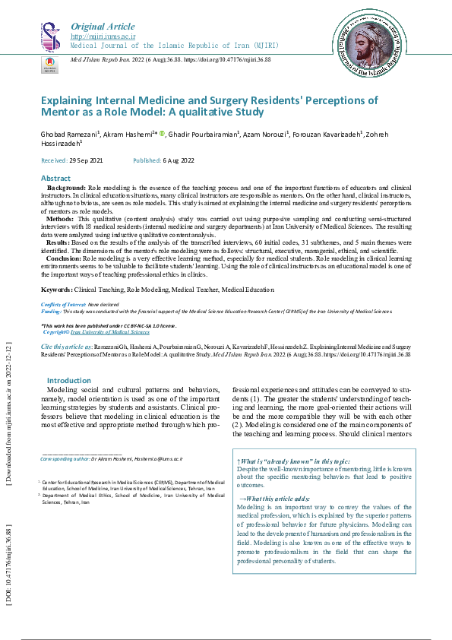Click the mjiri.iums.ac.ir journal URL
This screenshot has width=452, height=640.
pos(103,36)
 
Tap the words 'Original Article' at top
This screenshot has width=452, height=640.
pos(103,26)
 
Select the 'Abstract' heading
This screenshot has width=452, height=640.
pos(55,178)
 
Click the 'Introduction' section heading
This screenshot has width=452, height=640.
pos(69,380)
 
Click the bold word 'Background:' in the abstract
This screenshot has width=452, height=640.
pos(66,187)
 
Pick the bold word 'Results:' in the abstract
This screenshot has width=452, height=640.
pos(61,242)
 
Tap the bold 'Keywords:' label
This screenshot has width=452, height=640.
pos(57,290)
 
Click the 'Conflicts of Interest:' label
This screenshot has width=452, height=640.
pos(63,304)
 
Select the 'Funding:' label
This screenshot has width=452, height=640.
pos(52,312)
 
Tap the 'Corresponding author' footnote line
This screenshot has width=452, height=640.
pos(112,459)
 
